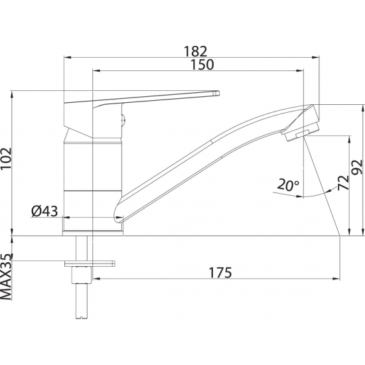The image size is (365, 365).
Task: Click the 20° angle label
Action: click(x=289, y=185)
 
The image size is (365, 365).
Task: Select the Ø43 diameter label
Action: click(x=44, y=212)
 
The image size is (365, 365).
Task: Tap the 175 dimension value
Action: click(x=220, y=272)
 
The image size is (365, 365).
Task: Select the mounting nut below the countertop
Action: click(x=82, y=272)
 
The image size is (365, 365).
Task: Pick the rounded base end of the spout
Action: click(x=119, y=213)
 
